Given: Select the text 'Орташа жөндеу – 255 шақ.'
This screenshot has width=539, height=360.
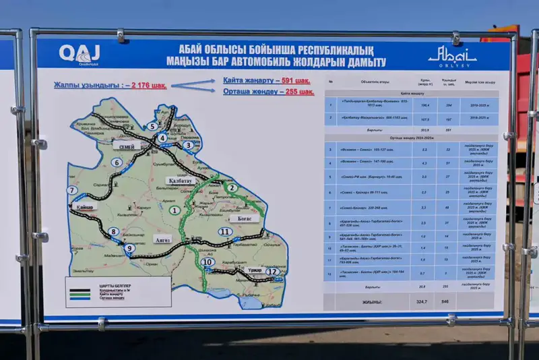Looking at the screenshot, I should pyautogui.click(x=268, y=92).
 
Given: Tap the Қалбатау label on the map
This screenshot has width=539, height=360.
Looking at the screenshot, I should pyautogui.click(x=178, y=181).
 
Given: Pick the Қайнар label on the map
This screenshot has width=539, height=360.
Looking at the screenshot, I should pyautogui.click(x=86, y=207).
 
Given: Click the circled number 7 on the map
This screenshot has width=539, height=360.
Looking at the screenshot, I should pyautogui.click(x=71, y=191).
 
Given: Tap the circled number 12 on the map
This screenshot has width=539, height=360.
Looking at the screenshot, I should pyautogui.click(x=272, y=272).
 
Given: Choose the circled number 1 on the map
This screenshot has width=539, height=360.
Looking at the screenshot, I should pyautogui.click(x=175, y=210).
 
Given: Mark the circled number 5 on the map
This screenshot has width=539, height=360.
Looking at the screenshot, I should pyautogui.click(x=153, y=126).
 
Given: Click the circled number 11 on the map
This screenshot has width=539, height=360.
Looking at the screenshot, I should pyautogui.click(x=226, y=233).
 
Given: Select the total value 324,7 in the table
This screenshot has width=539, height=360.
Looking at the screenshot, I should pyautogui.click(x=423, y=302).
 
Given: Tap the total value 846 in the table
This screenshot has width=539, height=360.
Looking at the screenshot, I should pyautogui.click(x=445, y=302).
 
